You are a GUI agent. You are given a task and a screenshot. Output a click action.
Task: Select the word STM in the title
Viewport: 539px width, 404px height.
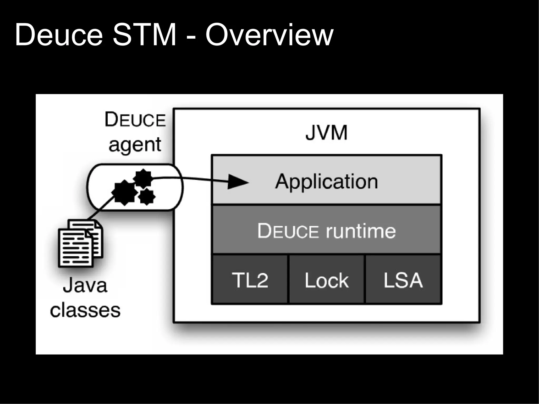pos(144,36)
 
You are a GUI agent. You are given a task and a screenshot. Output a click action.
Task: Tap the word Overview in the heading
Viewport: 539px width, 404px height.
pos(269,36)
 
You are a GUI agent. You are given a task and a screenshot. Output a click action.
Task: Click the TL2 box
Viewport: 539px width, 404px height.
pos(250,280)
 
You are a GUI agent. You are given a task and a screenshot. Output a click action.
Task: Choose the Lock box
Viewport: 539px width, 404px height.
pos(327,280)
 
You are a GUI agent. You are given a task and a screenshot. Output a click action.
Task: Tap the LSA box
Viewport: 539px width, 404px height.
pos(403,280)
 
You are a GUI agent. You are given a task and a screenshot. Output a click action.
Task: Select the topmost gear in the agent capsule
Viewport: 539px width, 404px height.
pos(143,178)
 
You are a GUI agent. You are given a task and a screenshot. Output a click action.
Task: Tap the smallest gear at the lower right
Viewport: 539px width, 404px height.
pos(146,196)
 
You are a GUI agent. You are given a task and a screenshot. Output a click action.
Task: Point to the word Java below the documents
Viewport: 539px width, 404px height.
pos(85,286)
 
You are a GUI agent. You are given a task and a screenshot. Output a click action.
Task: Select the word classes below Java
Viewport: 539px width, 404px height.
pos(85,310)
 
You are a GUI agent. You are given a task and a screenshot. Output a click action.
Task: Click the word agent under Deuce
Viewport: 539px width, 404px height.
pos(135,144)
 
